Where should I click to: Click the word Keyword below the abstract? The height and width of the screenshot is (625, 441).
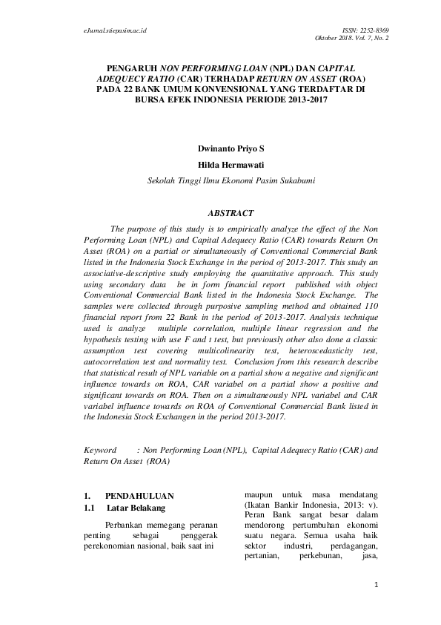tap(101, 450)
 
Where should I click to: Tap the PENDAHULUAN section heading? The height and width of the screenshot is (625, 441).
tap(139, 495)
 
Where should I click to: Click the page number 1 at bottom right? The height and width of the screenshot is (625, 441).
tap(377, 585)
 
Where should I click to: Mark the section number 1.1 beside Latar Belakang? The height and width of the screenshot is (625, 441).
tap(90, 508)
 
